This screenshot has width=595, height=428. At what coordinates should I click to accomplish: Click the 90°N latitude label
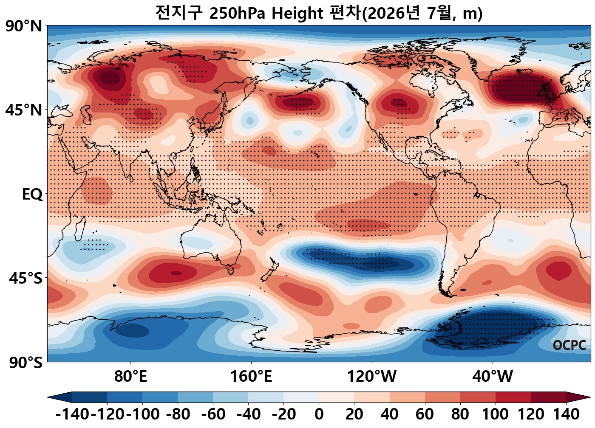pyautogui.click(x=24, y=26)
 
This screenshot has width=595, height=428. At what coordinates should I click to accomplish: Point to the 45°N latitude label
pyautogui.click(x=24, y=110)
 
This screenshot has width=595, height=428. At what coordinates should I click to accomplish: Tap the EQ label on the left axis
pyautogui.click(x=32, y=194)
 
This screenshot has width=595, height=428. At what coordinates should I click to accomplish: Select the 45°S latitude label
pyautogui.click(x=26, y=279)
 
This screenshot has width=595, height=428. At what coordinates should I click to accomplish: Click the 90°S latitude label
pyautogui.click(x=26, y=362)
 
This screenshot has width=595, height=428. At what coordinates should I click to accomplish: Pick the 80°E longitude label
pyautogui.click(x=130, y=376)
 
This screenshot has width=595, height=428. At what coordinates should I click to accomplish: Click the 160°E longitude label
pyautogui.click(x=251, y=376)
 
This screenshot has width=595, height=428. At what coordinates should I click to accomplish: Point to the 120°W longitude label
pyautogui.click(x=371, y=376)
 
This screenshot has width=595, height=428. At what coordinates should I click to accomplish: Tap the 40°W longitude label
pyautogui.click(x=493, y=376)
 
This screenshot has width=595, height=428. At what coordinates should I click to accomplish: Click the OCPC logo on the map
pyautogui.click(x=569, y=345)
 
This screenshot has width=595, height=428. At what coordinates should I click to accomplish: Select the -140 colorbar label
pyautogui.click(x=72, y=414)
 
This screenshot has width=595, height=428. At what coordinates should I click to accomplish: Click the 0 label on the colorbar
pyautogui.click(x=319, y=414)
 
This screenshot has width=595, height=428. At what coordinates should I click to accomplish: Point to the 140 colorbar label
pyautogui.click(x=566, y=414)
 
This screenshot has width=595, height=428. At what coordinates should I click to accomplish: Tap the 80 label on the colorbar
pyautogui.click(x=460, y=414)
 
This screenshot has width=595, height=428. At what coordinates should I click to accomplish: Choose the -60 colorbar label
pyautogui.click(x=213, y=414)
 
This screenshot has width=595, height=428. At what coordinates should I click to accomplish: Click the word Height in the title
pyautogui.click(x=297, y=13)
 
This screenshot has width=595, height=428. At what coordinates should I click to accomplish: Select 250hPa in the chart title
pyautogui.click(x=237, y=13)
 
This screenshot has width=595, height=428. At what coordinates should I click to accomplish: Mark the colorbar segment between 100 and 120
pyautogui.click(x=513, y=397)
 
